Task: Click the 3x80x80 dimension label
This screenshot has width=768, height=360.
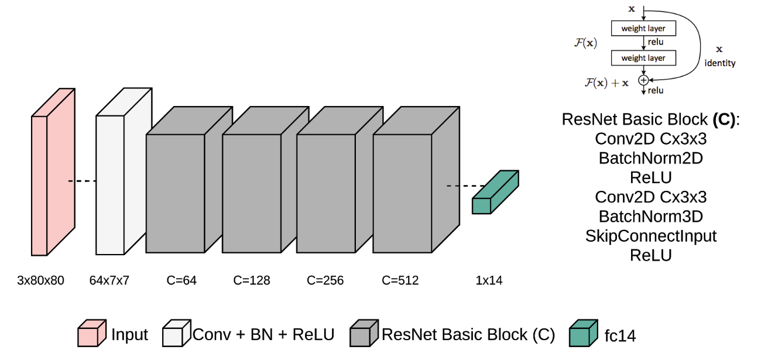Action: [40, 280]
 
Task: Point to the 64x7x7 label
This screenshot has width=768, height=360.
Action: [109, 280]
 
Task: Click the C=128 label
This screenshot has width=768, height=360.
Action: [252, 280]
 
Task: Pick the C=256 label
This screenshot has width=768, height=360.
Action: [325, 280]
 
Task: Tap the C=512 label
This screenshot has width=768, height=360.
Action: [400, 280]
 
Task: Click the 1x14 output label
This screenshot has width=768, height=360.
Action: [489, 280]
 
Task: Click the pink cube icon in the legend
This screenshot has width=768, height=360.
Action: [92, 334]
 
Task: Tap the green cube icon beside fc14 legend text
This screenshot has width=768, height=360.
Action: [584, 334]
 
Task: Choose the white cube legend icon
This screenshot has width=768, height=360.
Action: [177, 334]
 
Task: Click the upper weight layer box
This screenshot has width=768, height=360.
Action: [642, 28]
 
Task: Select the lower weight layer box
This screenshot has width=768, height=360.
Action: [642, 58]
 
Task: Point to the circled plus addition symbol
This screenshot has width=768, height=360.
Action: [643, 80]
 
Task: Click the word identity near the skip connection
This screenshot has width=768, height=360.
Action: [720, 63]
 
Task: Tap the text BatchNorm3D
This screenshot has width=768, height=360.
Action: [650, 216]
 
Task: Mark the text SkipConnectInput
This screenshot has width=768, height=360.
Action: [650, 236]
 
